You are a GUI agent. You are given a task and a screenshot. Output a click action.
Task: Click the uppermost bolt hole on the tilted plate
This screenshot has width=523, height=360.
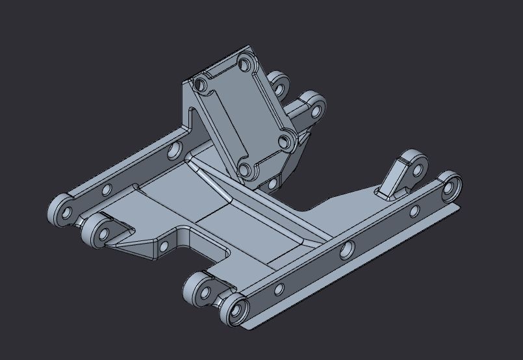[245, 64]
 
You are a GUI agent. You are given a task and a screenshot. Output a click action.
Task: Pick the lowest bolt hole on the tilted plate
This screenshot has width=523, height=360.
[245, 170]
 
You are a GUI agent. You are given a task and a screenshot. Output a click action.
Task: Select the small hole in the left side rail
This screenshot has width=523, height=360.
[106, 190]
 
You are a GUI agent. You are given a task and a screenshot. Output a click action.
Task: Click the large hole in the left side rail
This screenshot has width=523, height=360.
[174, 151]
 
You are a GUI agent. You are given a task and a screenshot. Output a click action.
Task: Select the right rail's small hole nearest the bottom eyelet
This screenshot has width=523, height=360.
[279, 288]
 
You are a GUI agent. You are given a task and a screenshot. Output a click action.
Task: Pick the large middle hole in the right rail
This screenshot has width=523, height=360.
[347, 249]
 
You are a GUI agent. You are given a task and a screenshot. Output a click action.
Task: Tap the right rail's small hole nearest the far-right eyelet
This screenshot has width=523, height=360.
[413, 211]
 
